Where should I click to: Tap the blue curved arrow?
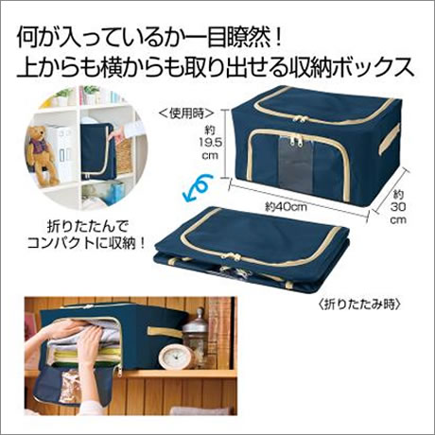click(196, 189)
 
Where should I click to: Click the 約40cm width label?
click(286, 206)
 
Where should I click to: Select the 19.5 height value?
click(210, 142)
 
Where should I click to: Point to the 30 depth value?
click(398, 207)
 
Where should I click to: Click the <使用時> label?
click(187, 113)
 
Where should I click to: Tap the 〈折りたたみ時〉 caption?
click(359, 304)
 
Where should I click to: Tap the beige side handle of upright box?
click(390, 139)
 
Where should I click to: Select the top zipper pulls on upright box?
click(301, 119)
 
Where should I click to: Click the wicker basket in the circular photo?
click(124, 156)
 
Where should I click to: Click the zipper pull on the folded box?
click(232, 254)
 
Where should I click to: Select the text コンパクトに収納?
click(86, 243)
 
